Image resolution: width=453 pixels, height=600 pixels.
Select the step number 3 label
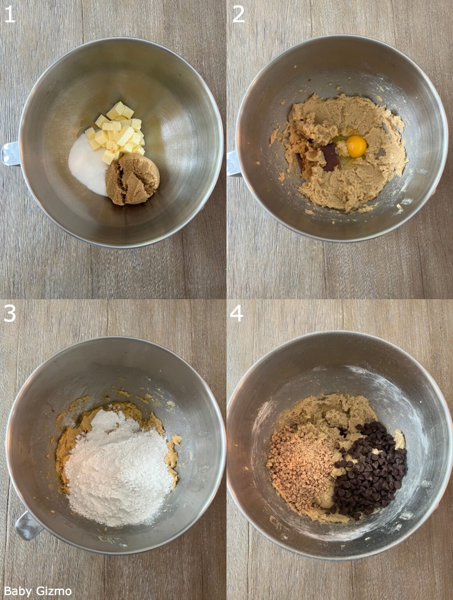[x=10, y=313]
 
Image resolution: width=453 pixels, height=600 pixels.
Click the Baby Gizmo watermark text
[x=38, y=591]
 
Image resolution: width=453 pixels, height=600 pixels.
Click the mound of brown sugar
[x=132, y=178]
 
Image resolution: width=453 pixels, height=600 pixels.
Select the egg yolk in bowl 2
[x=356, y=146]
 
